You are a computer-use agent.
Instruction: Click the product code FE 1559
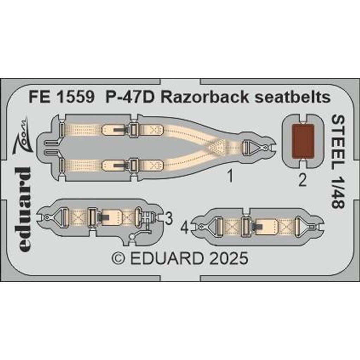tap(61, 97)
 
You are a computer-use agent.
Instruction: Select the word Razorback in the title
tap(205, 97)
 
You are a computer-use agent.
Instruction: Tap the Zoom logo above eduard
tap(21, 136)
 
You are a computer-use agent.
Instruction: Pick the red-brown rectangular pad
tap(302, 141)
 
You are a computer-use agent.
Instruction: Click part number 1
tap(231, 177)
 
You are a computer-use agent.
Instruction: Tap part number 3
tap(169, 219)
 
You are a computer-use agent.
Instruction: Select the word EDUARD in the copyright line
tap(167, 258)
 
